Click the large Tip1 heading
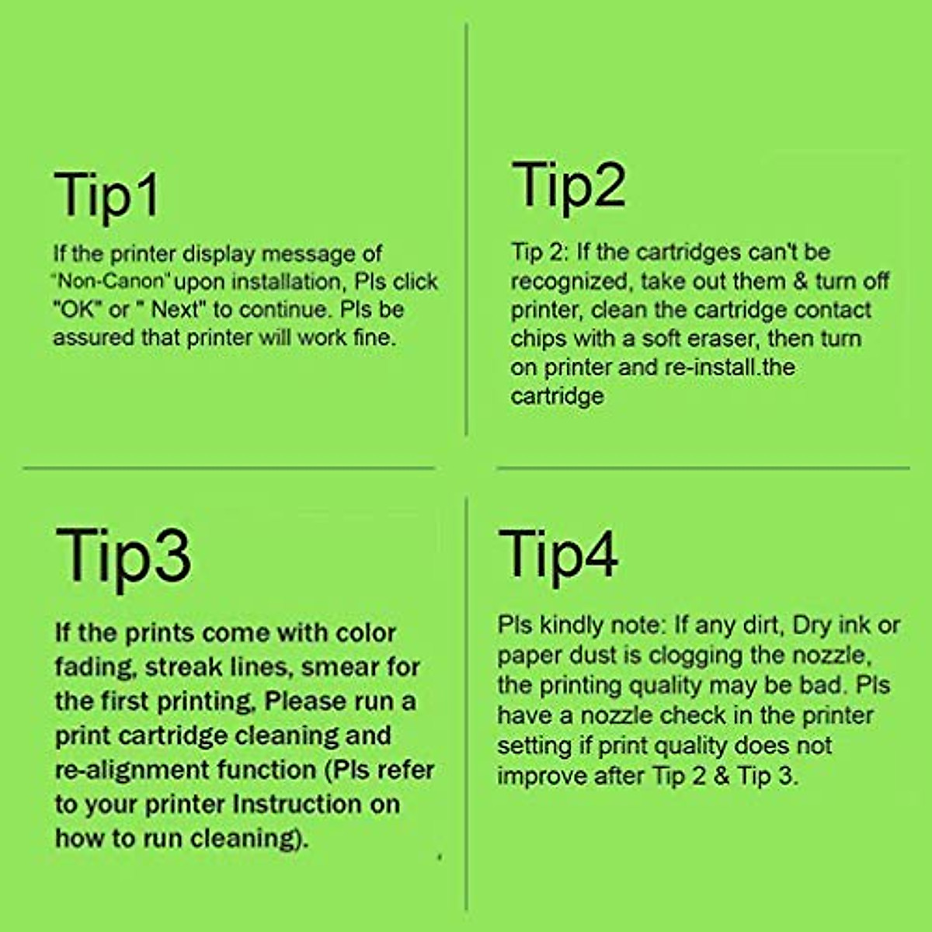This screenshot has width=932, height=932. (x=106, y=196)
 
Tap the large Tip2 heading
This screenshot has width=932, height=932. (x=569, y=186)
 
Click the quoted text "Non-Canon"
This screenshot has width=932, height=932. (x=112, y=281)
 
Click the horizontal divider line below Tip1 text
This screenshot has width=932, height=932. (x=229, y=468)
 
